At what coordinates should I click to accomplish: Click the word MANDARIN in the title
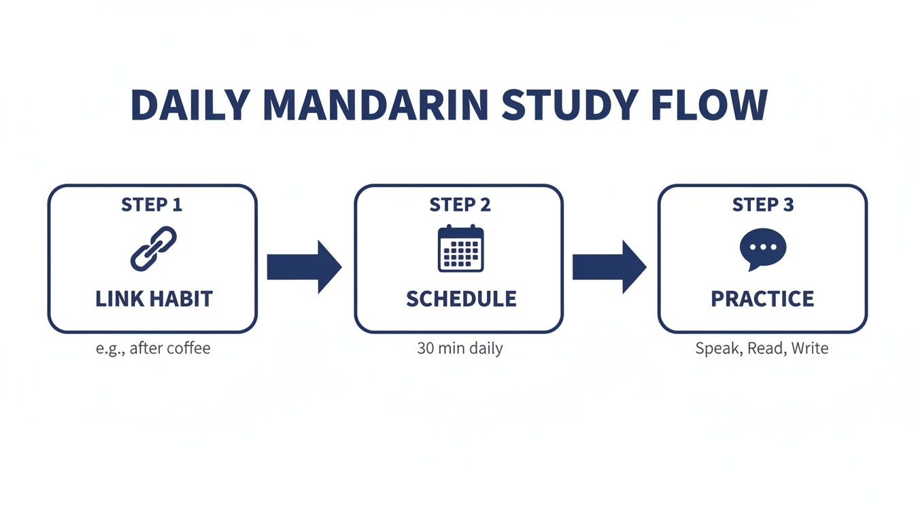coord(373,105)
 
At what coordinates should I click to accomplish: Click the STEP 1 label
coord(152,205)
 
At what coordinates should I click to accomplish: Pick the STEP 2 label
coord(460,205)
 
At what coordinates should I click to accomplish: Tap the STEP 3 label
coord(762,205)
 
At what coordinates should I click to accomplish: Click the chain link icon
coord(152,249)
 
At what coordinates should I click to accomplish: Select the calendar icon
coord(460,249)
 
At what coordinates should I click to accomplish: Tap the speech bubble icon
coord(762,249)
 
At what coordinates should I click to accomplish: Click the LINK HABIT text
coord(154,299)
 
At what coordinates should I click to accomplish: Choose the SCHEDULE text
coord(461,299)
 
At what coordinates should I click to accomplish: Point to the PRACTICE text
coord(762,299)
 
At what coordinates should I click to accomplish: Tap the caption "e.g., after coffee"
coord(153,349)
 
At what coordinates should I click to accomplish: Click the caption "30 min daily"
coord(460,349)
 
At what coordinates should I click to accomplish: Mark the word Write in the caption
coord(809,349)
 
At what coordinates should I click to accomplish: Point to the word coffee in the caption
coord(188,349)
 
